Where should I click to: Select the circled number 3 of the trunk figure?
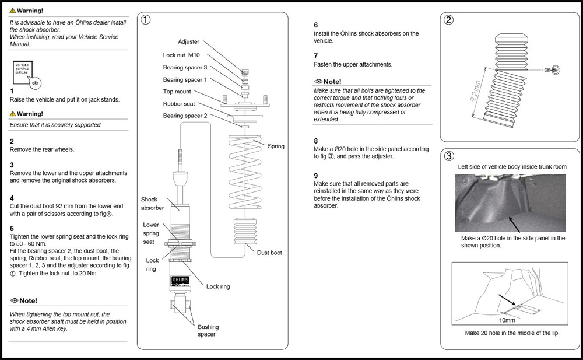click(449, 156)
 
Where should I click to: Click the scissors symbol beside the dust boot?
click(551, 70)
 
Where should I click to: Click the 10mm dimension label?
click(507, 320)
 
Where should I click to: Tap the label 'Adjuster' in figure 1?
click(189, 42)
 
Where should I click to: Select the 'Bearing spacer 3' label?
click(185, 67)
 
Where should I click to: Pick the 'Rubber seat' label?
click(179, 104)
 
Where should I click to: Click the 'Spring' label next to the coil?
click(276, 146)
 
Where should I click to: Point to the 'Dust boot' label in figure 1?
click(269, 253)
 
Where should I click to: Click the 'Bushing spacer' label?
click(208, 331)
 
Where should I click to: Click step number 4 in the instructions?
click(12, 198)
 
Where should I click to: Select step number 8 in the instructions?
click(316, 141)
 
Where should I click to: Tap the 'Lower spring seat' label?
click(151, 233)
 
